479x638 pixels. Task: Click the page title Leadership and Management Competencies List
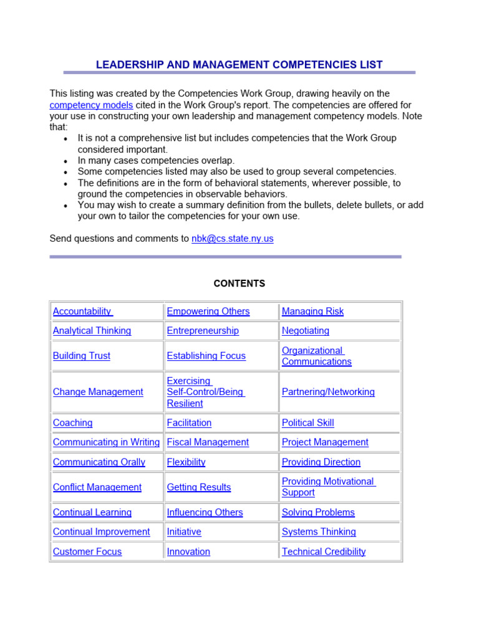pyautogui.click(x=239, y=65)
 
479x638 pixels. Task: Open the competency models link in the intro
pyautogui.click(x=91, y=105)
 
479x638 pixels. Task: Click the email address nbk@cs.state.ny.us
pyautogui.click(x=232, y=238)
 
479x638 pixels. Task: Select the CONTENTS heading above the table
pyautogui.click(x=239, y=283)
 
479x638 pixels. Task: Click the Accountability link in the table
pyautogui.click(x=82, y=312)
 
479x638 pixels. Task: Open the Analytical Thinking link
pyautogui.click(x=92, y=331)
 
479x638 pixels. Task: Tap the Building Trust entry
pyautogui.click(x=82, y=356)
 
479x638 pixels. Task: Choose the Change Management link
pyautogui.click(x=98, y=392)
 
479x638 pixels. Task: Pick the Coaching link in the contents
pyautogui.click(x=72, y=423)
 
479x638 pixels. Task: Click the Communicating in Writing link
pyautogui.click(x=106, y=442)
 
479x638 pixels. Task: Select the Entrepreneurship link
pyautogui.click(x=203, y=331)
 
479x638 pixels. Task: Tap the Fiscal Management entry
pyautogui.click(x=208, y=442)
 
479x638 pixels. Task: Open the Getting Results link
pyautogui.click(x=199, y=487)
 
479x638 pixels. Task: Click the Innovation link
pyautogui.click(x=188, y=552)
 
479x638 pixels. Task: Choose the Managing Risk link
pyautogui.click(x=312, y=312)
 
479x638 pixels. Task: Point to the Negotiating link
pyautogui.click(x=306, y=331)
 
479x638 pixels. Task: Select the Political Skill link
pyautogui.click(x=307, y=423)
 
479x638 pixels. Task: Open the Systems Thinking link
pyautogui.click(x=319, y=532)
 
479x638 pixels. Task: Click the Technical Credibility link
pyautogui.click(x=324, y=552)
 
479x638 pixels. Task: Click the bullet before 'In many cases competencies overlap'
pyautogui.click(x=66, y=161)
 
